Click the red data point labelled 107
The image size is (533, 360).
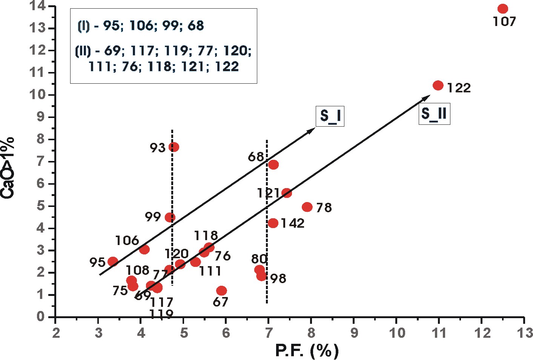(x=502, y=9)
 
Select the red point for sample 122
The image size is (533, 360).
(x=438, y=86)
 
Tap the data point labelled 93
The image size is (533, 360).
(x=174, y=147)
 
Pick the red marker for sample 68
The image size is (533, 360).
(x=273, y=165)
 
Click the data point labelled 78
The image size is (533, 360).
(x=307, y=207)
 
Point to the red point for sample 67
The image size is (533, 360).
(x=221, y=291)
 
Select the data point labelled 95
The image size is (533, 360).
(x=113, y=262)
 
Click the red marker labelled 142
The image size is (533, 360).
(x=273, y=223)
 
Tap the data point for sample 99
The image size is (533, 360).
(x=170, y=218)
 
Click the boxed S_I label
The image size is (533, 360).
(x=330, y=116)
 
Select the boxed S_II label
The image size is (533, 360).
(x=434, y=114)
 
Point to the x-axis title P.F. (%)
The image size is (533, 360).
(x=307, y=351)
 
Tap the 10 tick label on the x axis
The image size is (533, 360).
(x=396, y=333)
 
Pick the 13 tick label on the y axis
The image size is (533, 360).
(x=38, y=28)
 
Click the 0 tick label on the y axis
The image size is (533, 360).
(x=41, y=317)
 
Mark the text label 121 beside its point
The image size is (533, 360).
(x=268, y=193)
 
